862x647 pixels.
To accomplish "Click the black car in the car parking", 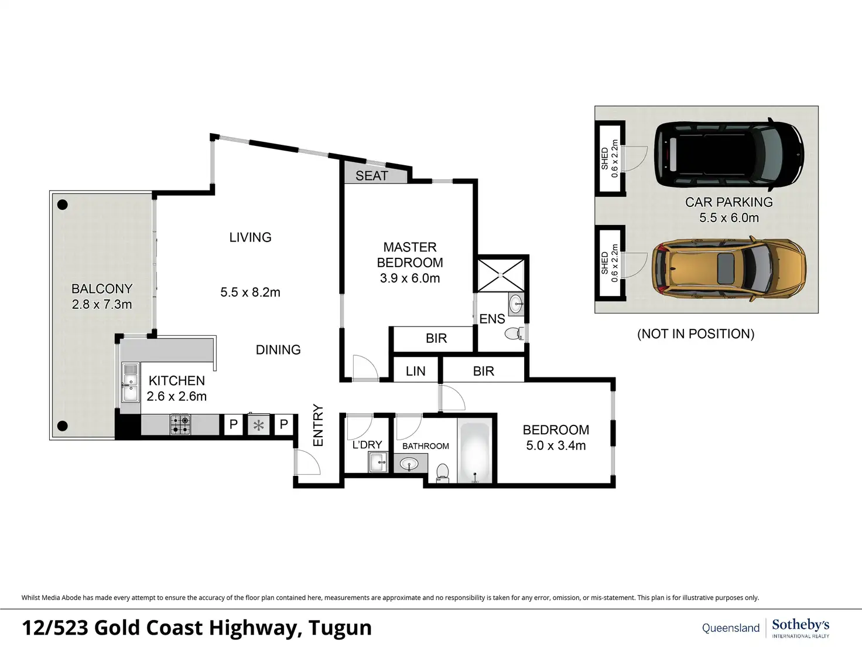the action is [x=729, y=154].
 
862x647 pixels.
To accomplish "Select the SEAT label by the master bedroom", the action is [x=371, y=176].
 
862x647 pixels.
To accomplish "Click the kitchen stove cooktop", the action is [x=180, y=425].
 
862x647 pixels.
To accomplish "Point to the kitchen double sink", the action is [x=129, y=383].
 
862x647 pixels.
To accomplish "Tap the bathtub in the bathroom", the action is [x=475, y=452].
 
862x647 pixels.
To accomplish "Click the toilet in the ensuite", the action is [x=514, y=334].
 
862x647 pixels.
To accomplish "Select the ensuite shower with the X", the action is [x=500, y=275].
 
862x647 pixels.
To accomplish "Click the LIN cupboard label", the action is [x=416, y=371].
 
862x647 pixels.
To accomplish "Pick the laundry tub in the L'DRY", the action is [x=377, y=462].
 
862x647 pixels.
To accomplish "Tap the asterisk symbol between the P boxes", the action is [x=258, y=425].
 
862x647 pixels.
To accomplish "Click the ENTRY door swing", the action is [x=308, y=462].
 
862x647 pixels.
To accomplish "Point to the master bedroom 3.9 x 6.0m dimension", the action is [x=409, y=278].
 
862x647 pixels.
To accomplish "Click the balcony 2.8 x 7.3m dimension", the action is [x=102, y=304].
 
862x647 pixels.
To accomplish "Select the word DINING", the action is [x=278, y=350].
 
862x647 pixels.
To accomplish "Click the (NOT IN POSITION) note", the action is [x=696, y=334].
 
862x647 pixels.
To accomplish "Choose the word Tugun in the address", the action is [x=340, y=628].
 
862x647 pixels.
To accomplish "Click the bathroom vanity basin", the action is [x=409, y=464].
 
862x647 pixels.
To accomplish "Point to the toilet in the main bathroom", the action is [x=443, y=472].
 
